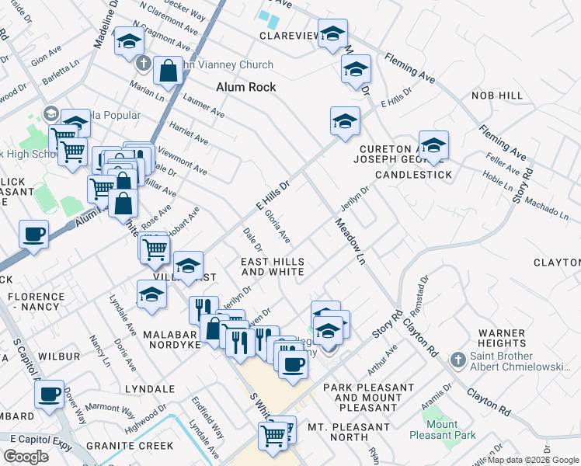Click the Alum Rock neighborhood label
(x=246, y=87)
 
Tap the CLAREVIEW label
(x=289, y=36)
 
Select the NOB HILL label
(x=497, y=96)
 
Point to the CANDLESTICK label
(x=413, y=175)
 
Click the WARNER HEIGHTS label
(x=503, y=337)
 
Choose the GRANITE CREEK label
(x=130, y=446)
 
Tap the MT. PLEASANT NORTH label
(x=349, y=427)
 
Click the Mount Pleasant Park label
(x=442, y=429)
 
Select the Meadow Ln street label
(x=350, y=242)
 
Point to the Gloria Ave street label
(x=277, y=224)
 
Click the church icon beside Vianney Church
(x=143, y=64)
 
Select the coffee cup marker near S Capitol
(x=50, y=394)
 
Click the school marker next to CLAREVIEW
(x=332, y=34)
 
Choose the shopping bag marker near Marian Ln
(x=168, y=71)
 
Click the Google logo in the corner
(x=26, y=456)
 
